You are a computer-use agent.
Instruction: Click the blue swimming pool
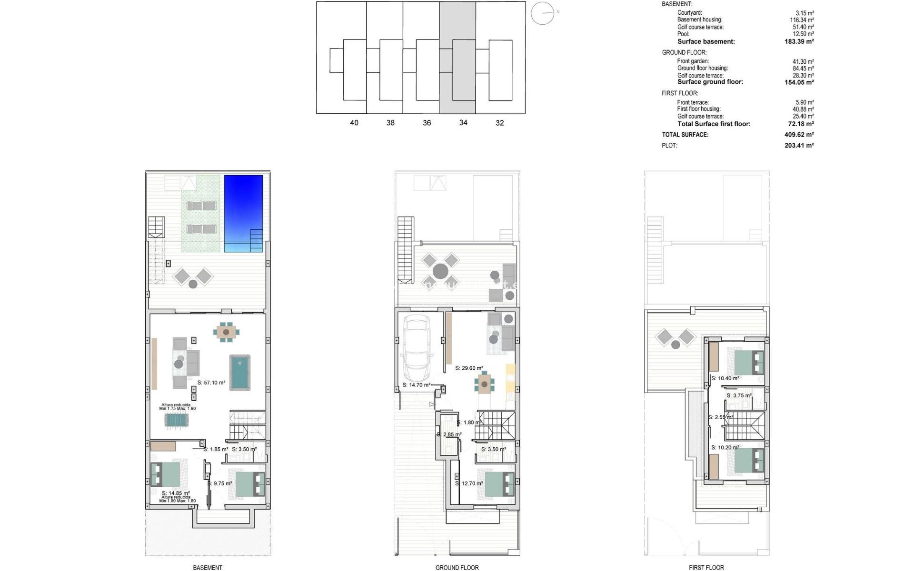point(243,213)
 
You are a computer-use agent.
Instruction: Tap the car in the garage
point(417,348)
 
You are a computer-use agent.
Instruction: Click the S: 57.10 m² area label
point(211,383)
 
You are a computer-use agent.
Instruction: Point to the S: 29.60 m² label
point(469,368)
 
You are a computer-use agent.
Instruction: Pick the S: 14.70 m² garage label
point(416,385)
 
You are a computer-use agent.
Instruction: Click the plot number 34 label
point(463,123)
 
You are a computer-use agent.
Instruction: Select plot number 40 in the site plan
point(354,123)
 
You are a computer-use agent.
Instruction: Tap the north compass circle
point(542,13)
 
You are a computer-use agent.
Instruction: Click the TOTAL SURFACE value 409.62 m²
point(799,135)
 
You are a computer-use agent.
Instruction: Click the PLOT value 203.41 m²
point(799,146)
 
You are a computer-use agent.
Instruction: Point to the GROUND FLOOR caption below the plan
point(457,567)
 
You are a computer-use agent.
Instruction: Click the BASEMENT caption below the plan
point(208,567)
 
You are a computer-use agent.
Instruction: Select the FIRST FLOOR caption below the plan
point(706,567)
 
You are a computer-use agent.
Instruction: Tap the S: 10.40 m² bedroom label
point(725,378)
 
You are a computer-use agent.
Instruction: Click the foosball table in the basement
point(177,420)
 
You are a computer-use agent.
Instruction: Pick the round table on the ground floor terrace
point(440,271)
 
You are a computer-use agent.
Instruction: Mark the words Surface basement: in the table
point(706,41)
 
